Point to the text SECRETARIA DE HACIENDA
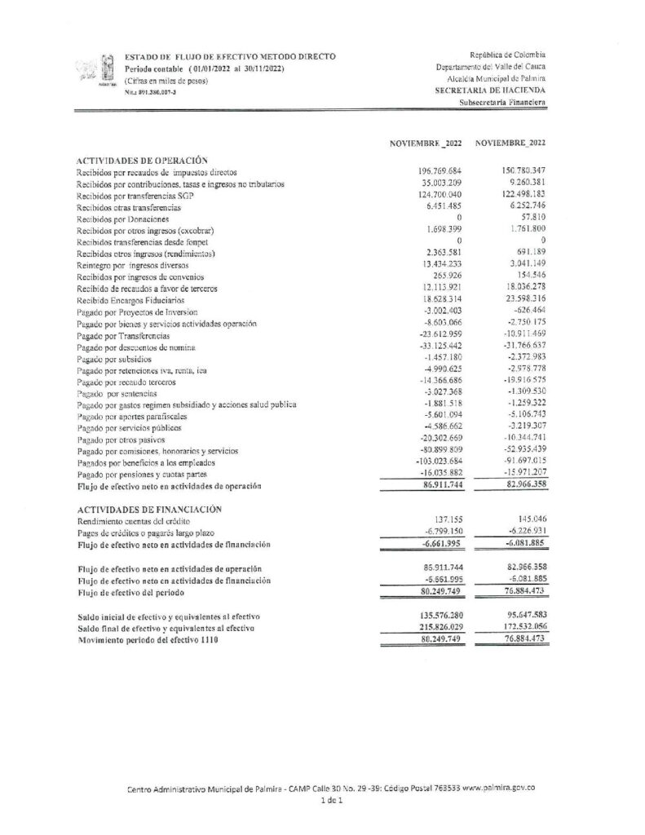tap(491, 91)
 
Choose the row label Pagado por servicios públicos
tap(128, 428)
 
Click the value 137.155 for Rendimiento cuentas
tap(445, 519)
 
